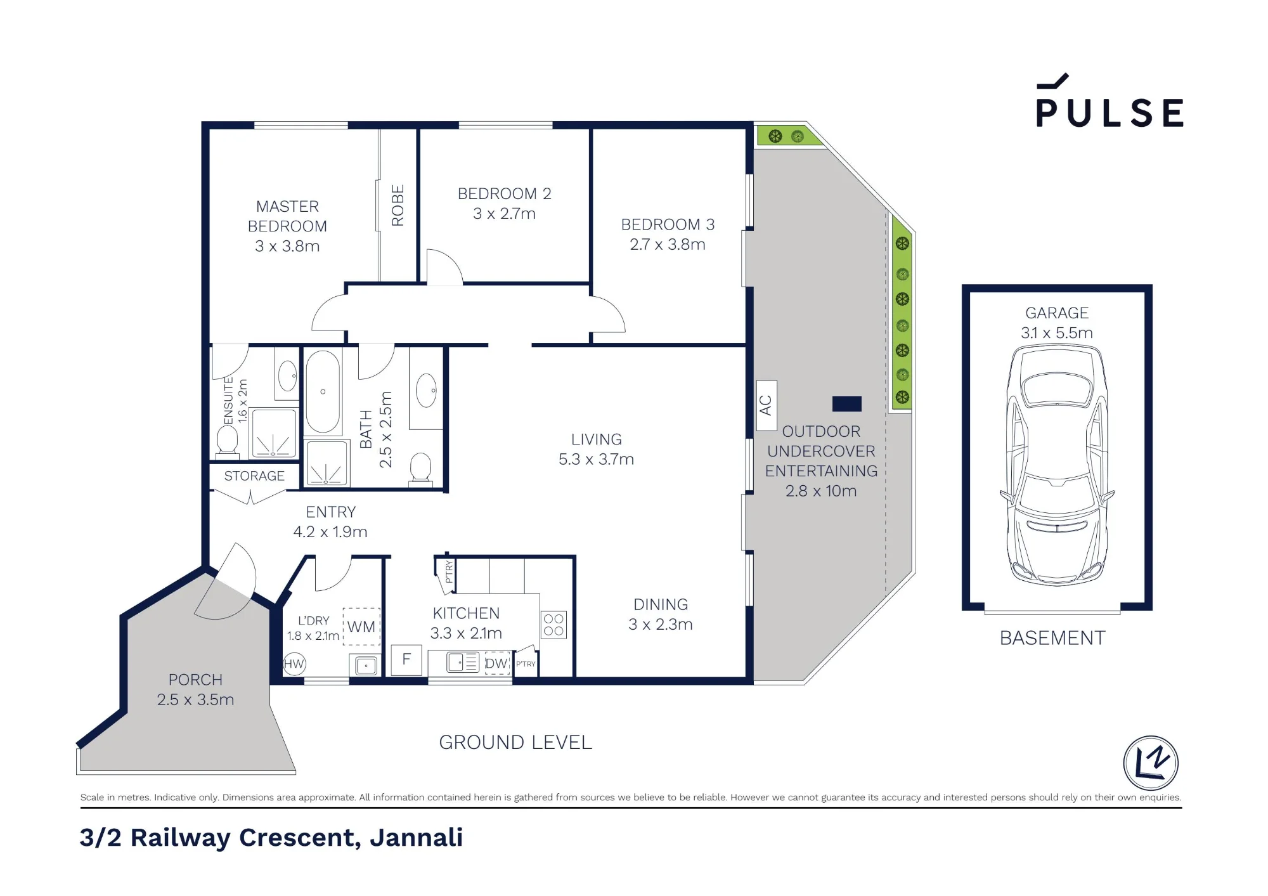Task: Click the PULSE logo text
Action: click(x=1109, y=113)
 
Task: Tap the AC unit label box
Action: click(x=767, y=405)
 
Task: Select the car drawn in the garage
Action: click(x=1057, y=465)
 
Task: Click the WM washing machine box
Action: click(x=361, y=627)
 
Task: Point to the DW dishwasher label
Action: click(x=497, y=663)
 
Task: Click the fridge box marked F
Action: click(x=406, y=659)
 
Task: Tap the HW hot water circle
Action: click(x=294, y=664)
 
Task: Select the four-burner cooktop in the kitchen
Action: click(x=553, y=625)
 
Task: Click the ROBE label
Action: click(x=398, y=205)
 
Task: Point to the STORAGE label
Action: click(x=254, y=476)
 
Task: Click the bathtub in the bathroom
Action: click(x=323, y=391)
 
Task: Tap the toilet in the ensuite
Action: click(x=227, y=439)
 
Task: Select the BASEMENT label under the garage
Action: click(x=1052, y=638)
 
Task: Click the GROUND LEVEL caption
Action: click(x=515, y=742)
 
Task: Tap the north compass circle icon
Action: click(x=1151, y=763)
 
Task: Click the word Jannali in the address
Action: click(x=417, y=838)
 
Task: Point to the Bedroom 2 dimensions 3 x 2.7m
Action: click(x=504, y=214)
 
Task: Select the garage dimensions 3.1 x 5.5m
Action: click(x=1057, y=333)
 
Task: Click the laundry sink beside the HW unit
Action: click(x=366, y=665)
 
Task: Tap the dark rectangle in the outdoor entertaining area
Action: click(x=847, y=404)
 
